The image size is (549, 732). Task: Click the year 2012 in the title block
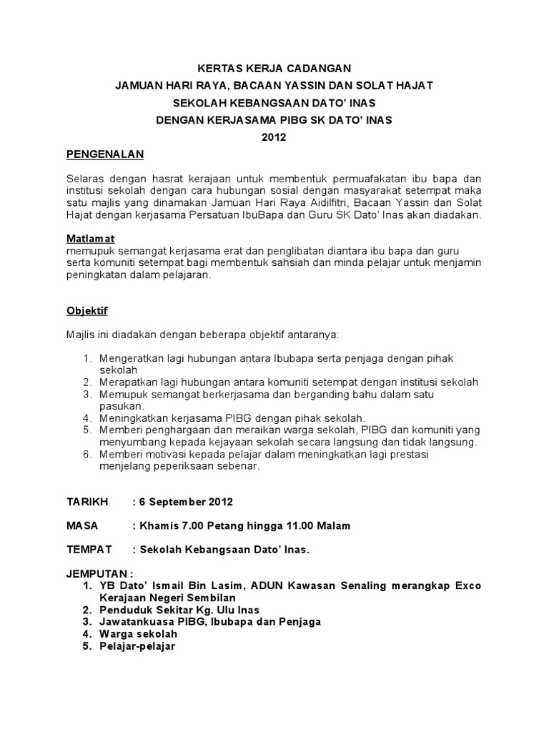(x=274, y=138)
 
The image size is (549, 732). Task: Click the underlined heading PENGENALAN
(x=105, y=154)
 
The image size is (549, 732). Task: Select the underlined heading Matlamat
(x=91, y=238)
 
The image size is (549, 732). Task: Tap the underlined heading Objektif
(x=87, y=312)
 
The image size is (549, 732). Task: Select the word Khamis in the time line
(x=157, y=525)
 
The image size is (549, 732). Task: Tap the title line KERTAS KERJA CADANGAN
(x=274, y=69)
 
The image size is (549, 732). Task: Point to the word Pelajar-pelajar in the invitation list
(x=138, y=646)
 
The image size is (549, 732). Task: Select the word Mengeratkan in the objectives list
(x=130, y=357)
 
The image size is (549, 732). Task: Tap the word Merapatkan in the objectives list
(x=128, y=382)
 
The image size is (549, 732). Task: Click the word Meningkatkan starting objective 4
(x=132, y=417)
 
